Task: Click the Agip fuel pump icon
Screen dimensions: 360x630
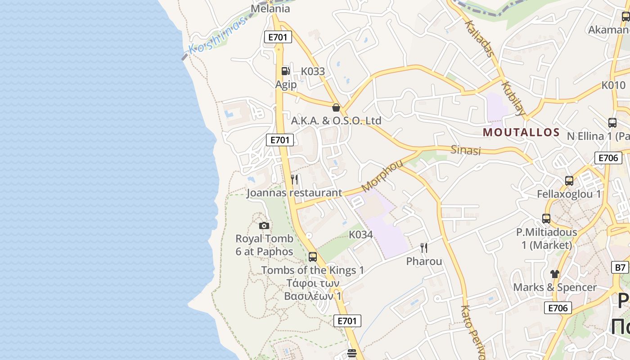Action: (x=285, y=71)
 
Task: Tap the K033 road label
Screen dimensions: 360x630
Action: (x=313, y=71)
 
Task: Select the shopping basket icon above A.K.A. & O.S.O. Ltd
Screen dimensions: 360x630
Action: (x=336, y=107)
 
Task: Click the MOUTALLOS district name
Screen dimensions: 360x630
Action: (x=521, y=132)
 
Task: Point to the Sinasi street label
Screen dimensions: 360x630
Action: (x=466, y=150)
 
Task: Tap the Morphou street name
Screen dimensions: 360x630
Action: (x=382, y=175)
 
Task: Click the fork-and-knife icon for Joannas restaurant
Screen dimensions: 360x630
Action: (x=294, y=180)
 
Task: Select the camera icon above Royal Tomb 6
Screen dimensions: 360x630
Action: (x=264, y=225)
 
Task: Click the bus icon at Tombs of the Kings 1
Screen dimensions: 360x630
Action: (x=312, y=257)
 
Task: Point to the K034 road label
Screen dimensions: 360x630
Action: (x=361, y=234)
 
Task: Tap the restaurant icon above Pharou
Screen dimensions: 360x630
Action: (x=423, y=247)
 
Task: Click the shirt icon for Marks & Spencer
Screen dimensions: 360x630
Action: (x=554, y=274)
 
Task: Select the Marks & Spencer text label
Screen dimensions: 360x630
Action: (x=555, y=287)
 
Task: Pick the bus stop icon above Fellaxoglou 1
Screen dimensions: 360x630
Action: (x=569, y=181)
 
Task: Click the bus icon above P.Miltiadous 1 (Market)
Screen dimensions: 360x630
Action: (x=546, y=219)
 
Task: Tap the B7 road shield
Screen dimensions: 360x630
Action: (x=621, y=267)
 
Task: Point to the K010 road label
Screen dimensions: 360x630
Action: (x=613, y=85)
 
